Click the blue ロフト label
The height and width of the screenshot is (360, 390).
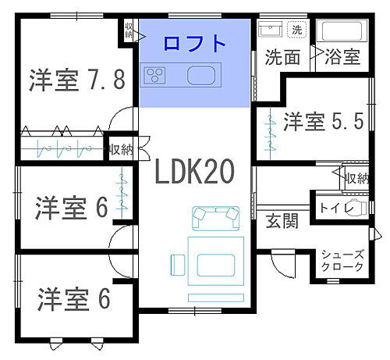coord(195,43)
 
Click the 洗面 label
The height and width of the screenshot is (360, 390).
coord(282,57)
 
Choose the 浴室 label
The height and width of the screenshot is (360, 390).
coord(342,57)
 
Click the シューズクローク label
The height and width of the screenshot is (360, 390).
coord(343,260)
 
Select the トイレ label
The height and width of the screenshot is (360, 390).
coord(336,209)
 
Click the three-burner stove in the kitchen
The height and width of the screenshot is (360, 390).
coord(154,76)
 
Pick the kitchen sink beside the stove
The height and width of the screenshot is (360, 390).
coord(199,76)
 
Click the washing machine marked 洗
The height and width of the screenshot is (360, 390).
coord(296,30)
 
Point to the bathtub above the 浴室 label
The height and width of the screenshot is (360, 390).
coord(342,31)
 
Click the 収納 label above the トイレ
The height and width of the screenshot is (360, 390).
coord(356,178)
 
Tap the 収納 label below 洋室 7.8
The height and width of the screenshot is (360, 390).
coord(121,148)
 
